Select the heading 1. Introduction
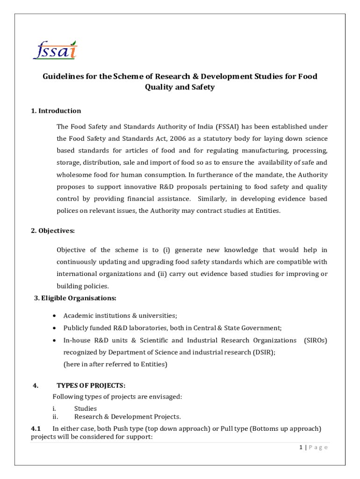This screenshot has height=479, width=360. point(56,111)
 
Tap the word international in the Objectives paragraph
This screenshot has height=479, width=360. point(77,274)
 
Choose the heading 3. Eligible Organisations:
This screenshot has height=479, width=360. point(75,298)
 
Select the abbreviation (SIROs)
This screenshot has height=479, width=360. point(315,341)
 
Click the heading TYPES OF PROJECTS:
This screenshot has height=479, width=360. point(91,385)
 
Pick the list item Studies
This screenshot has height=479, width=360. point(86,408)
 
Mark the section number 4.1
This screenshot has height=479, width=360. point(36,428)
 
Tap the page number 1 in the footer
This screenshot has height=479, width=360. point(302,448)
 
